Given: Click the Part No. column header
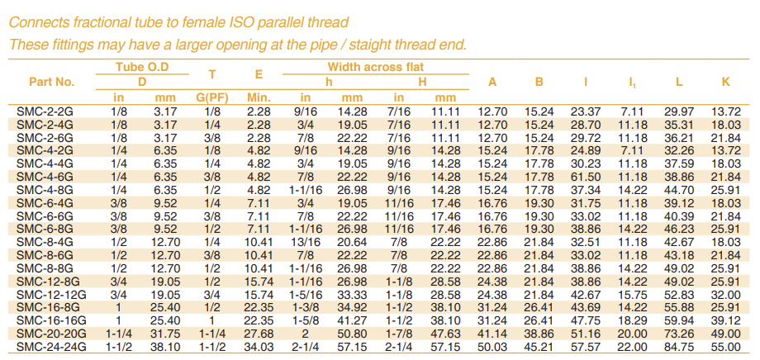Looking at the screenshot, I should [51, 82].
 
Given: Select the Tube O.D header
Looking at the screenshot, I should [140, 66].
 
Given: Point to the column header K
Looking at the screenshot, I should [726, 82].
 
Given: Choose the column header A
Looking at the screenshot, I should [492, 82].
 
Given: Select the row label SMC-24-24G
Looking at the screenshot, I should [51, 347].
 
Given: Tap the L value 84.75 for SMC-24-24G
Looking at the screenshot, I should [679, 347].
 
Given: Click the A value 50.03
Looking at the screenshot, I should [492, 347].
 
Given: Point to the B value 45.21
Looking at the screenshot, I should [539, 347].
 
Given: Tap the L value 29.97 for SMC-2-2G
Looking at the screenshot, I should [679, 110].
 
